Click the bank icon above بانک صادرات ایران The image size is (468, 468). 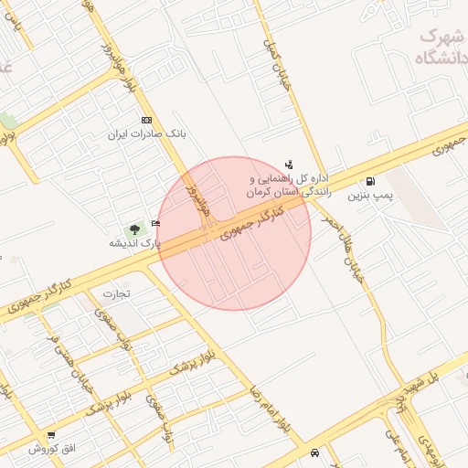pos(146,121)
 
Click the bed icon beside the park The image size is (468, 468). pos(155,223)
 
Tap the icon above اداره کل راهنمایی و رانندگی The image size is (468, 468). pos(290,165)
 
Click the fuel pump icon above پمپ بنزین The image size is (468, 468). pos(370,181)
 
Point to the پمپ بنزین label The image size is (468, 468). pos(370,196)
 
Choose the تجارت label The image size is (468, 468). pos(117,293)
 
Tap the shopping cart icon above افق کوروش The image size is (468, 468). pos(52,435)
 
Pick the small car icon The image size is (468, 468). pos(315,452)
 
